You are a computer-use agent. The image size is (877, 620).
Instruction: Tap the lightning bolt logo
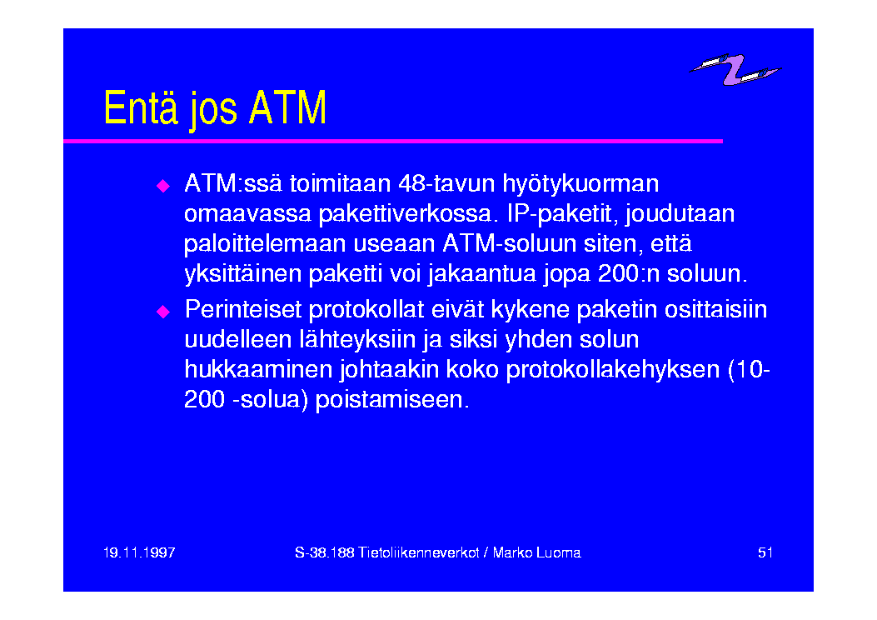click(x=735, y=69)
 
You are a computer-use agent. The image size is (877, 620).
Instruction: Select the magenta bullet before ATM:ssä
click(x=162, y=186)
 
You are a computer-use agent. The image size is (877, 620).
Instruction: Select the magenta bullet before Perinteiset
click(x=162, y=311)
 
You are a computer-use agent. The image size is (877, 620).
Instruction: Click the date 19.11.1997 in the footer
click(x=139, y=552)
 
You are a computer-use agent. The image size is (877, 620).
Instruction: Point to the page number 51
click(x=765, y=552)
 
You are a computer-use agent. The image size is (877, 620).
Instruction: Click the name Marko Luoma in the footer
click(x=537, y=552)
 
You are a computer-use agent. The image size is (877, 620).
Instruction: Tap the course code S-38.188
click(x=325, y=552)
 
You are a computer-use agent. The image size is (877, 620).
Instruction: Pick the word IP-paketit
click(x=563, y=215)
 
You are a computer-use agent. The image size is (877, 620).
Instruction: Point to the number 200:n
click(x=630, y=273)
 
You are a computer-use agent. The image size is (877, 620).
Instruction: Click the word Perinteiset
click(x=243, y=309)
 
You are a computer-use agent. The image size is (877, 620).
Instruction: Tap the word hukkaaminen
click(x=258, y=369)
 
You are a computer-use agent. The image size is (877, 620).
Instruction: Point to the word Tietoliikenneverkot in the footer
click(x=419, y=552)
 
